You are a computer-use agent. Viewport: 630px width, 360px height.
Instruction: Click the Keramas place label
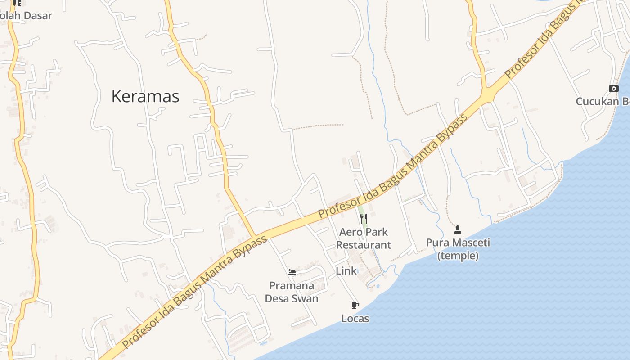(x=145, y=96)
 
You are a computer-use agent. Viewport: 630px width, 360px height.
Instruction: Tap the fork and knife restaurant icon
(x=364, y=219)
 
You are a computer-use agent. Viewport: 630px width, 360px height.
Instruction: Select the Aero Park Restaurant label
(x=364, y=238)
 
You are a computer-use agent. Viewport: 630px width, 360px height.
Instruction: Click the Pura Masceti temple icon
(x=458, y=230)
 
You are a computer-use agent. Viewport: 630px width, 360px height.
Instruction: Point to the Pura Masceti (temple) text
(x=458, y=249)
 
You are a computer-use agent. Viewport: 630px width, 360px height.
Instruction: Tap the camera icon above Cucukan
(x=613, y=88)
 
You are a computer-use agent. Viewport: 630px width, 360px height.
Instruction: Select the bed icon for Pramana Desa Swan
(x=292, y=272)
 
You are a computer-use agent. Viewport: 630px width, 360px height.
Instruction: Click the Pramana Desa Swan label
(x=292, y=292)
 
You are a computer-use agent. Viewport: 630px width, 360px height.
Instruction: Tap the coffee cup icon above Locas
(x=355, y=306)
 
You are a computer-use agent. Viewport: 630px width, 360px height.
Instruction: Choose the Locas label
(x=355, y=319)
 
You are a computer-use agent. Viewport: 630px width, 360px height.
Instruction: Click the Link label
(x=346, y=271)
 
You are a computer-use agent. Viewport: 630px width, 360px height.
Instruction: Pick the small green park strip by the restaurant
(x=360, y=211)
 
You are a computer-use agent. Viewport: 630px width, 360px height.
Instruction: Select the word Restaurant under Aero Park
(x=364, y=245)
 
